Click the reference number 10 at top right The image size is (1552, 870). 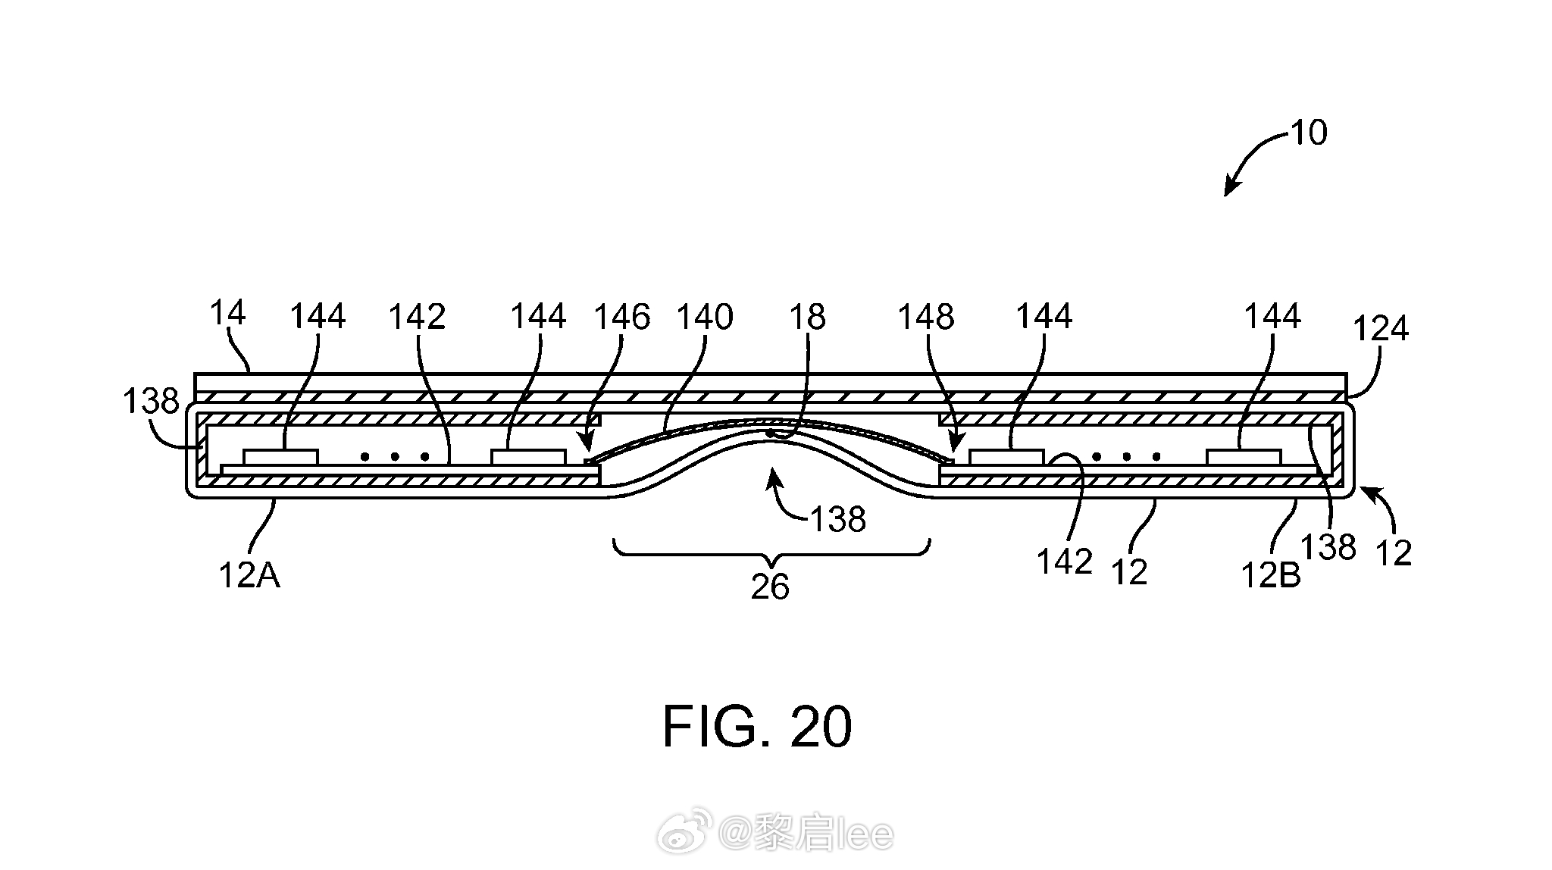pos(1309,133)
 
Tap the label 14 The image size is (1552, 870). pos(227,312)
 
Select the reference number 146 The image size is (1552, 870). pos(621,317)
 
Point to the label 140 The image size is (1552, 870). pos(705,317)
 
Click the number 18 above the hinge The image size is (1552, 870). pos(807,317)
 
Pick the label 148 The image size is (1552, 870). pos(926,317)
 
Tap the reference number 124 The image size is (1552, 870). pos(1381,329)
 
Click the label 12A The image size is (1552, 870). pos(249,576)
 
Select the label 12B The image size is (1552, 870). pos(1270,576)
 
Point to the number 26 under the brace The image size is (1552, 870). pos(770,587)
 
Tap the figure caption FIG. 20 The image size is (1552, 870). pos(757,727)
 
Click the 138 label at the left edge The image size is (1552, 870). pos(151,401)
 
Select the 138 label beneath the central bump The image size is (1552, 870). pos(838,520)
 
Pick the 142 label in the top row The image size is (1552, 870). pos(417,317)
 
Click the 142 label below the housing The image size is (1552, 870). pos(1064,562)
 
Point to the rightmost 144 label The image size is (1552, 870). pos(1273,316)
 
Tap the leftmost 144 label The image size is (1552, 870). pos(318,316)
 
